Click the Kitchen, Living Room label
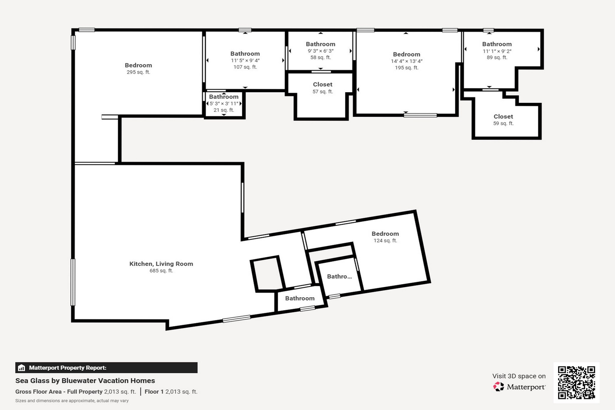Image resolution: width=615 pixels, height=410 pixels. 161,264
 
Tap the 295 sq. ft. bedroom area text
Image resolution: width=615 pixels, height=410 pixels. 138,72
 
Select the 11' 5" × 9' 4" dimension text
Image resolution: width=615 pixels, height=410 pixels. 245,60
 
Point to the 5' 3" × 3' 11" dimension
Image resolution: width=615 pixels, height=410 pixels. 224,104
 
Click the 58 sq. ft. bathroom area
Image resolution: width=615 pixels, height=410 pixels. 320,58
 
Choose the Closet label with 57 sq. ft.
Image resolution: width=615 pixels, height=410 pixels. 322,85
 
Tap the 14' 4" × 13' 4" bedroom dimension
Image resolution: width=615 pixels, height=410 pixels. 407,61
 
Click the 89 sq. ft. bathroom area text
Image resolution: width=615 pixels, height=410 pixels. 497,58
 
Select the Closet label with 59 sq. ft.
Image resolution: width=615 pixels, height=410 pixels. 503,117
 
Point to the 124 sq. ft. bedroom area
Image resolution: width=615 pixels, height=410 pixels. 385,241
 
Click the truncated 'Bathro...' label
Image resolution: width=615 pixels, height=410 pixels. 339,276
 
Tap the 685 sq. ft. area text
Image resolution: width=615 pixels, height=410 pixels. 161,271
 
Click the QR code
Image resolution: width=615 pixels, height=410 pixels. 576,382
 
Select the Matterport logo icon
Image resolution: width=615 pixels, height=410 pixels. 498,387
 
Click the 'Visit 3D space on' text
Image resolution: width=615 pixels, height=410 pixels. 519,376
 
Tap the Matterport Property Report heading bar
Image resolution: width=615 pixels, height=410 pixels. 106,367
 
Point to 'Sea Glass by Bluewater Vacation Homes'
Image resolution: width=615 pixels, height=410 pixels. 85,381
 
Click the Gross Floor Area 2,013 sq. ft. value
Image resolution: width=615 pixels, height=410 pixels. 120,392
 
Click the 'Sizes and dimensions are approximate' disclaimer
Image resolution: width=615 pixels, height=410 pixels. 72,401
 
